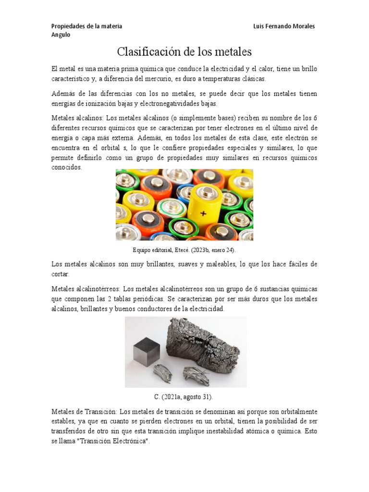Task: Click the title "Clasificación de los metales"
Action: tap(184, 51)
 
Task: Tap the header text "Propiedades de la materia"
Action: tap(86, 26)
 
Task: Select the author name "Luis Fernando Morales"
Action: tap(283, 26)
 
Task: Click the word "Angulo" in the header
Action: tap(61, 35)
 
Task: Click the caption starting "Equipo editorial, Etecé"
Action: tap(184, 250)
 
